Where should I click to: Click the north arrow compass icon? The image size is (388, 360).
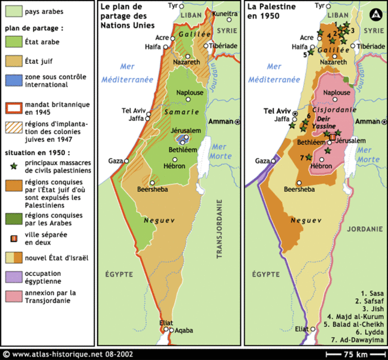(x=375, y=13)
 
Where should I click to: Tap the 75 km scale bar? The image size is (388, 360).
(x=355, y=353)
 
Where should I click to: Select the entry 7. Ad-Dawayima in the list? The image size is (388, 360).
(x=360, y=340)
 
